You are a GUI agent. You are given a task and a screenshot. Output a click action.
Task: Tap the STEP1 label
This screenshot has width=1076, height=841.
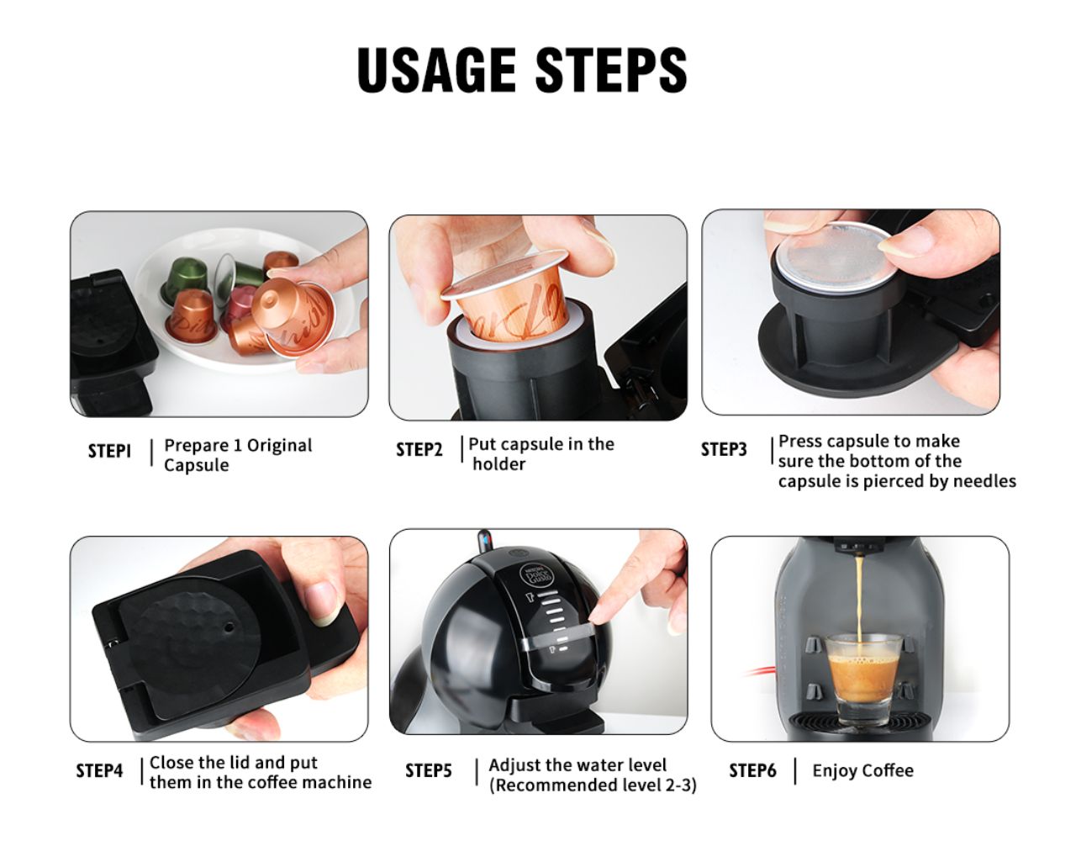pos(109,452)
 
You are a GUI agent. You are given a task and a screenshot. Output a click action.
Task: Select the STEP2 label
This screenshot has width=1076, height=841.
pos(419,450)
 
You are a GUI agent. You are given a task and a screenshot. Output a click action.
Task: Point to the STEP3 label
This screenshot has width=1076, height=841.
pos(724,450)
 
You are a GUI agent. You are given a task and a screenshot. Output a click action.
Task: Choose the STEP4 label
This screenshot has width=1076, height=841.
pos(99,771)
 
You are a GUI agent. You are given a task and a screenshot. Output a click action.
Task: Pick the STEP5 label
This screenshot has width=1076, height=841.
pos(428,771)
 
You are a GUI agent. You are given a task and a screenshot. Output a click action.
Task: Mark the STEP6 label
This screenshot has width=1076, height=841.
pos(752,771)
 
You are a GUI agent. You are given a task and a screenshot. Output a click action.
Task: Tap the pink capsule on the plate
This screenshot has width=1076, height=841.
pos(240,300)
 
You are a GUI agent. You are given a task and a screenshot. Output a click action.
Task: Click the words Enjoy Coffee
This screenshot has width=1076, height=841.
pos(862,771)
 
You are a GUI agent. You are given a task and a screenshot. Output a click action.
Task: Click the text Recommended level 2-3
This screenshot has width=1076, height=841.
pos(593,785)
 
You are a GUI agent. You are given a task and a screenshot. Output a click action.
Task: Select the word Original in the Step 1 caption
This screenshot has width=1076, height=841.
pos(279,446)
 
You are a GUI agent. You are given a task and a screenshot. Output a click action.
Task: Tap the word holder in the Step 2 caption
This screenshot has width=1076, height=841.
pos(498,464)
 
